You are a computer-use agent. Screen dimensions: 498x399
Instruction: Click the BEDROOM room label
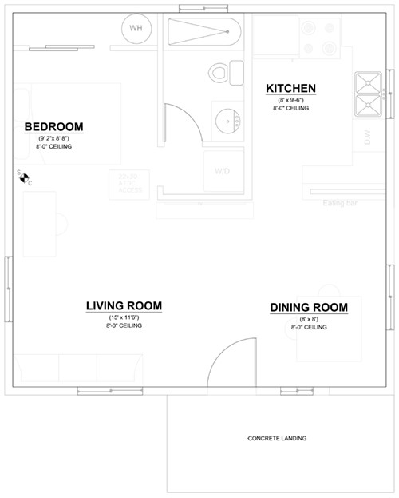pos(53,127)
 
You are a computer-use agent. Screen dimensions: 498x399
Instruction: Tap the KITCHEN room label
pos(290,88)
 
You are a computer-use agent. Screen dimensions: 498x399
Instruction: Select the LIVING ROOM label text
pos(124,306)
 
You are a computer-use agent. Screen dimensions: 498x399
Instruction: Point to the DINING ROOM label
pos(309,308)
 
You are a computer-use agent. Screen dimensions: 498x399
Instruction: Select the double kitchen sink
pos(369,94)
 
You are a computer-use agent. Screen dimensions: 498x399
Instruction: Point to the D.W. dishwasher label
pos(368,137)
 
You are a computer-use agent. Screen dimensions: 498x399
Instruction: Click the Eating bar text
pos(340,203)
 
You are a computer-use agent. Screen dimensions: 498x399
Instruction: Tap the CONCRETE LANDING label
pos(277,438)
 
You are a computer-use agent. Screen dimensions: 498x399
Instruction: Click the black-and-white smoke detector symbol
pos(24,177)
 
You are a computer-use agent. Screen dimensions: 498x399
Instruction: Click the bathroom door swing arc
pos(182,120)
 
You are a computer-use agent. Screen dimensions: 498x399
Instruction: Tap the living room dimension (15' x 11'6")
pos(124,317)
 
